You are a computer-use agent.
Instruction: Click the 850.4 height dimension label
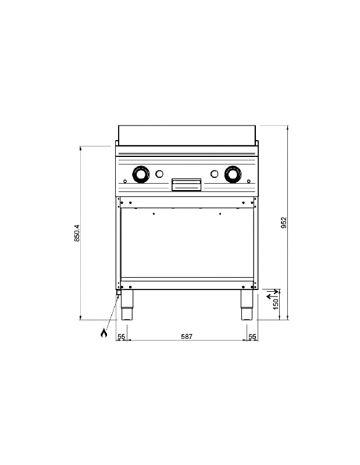[76, 233]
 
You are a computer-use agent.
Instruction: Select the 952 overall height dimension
[284, 223]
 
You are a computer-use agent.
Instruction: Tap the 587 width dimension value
[186, 336]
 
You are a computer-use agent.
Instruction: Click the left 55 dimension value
[122, 336]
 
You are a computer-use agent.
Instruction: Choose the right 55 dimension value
[252, 336]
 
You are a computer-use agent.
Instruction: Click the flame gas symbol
[104, 333]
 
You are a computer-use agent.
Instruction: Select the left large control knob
[140, 173]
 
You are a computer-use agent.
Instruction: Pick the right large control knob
[233, 173]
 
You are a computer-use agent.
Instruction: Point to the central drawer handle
[186, 184]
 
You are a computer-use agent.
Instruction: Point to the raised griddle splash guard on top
[187, 135]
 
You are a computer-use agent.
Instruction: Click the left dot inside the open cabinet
[154, 214]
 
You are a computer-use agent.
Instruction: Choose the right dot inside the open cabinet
[220, 214]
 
